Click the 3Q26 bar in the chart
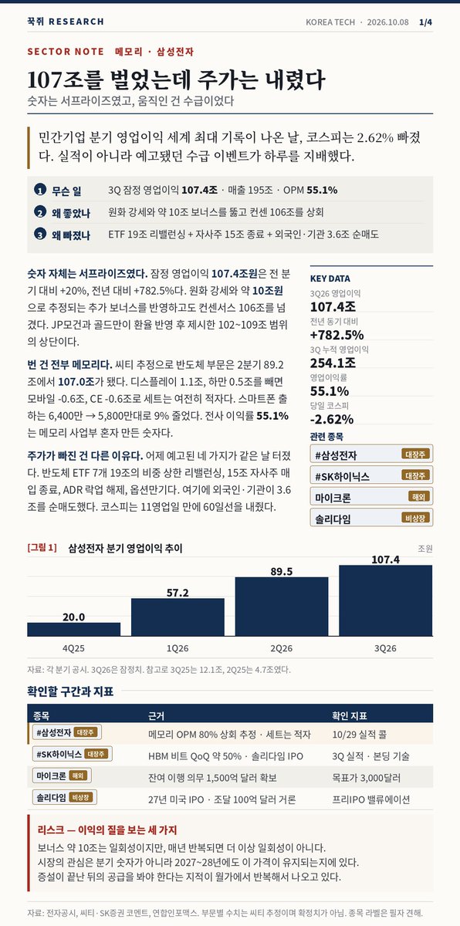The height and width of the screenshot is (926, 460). (386, 600)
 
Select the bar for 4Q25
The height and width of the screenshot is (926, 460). (73, 629)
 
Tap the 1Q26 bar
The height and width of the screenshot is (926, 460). (178, 617)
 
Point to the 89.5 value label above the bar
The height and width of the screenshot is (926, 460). (282, 571)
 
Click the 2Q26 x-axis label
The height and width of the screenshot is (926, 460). (282, 648)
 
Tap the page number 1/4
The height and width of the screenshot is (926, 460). (426, 22)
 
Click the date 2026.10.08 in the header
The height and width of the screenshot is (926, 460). (387, 22)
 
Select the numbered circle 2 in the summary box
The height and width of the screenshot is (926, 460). (39, 212)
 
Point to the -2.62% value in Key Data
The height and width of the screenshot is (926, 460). (332, 419)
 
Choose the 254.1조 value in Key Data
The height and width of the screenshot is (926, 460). (333, 363)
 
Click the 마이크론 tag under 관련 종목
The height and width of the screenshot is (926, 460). (371, 496)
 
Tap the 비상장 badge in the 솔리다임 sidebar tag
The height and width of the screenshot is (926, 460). (415, 518)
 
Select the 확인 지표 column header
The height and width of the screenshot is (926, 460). (350, 715)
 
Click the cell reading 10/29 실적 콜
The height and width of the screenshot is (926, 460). (360, 734)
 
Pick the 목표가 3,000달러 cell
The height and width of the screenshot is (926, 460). (366, 778)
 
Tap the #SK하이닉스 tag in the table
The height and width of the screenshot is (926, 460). (73, 754)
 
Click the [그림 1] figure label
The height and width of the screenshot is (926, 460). (42, 548)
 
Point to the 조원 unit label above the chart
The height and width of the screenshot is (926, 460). (425, 549)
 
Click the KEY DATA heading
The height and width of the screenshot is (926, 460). (330, 279)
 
